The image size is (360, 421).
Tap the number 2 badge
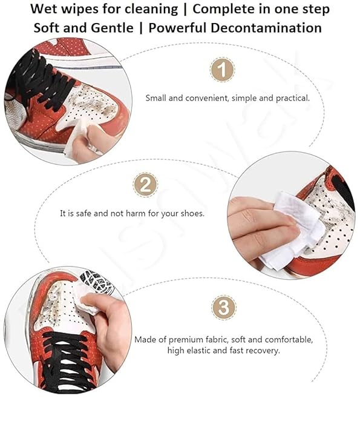[145, 185]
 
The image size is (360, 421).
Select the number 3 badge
[223, 307]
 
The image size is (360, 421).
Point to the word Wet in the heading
[45, 10]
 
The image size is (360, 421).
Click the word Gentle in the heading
[114, 28]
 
